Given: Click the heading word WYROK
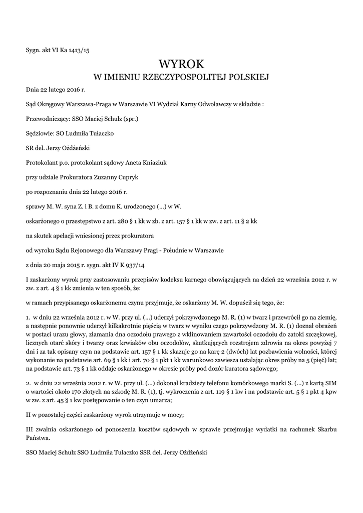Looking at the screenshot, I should click(x=182, y=64).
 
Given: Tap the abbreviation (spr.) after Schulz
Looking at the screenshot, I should click(x=130, y=119).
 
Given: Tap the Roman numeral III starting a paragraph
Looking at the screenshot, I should click(x=30, y=429).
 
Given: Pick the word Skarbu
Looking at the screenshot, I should click(x=326, y=429).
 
